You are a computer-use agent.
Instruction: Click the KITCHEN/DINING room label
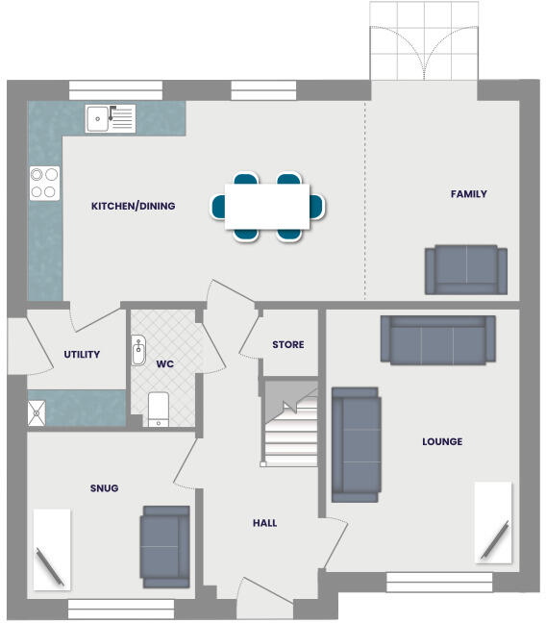coord(133,206)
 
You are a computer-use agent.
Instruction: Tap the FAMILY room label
coord(468,194)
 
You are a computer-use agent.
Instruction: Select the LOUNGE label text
coord(441,442)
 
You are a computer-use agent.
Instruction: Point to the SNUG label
coord(104,488)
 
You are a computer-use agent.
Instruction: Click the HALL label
coord(264,523)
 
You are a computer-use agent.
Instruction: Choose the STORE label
coord(287,344)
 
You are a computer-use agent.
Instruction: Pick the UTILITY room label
coord(82,355)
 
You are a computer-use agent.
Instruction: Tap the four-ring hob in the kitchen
coord(44,183)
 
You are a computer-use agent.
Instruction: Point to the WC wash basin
coord(136,349)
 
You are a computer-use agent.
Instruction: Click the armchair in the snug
coord(164,546)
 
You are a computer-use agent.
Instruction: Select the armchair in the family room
coord(466,270)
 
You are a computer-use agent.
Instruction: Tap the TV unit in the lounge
coord(493,523)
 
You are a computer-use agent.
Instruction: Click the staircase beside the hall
coord(289,423)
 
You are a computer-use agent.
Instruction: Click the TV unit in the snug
coord(51,548)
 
